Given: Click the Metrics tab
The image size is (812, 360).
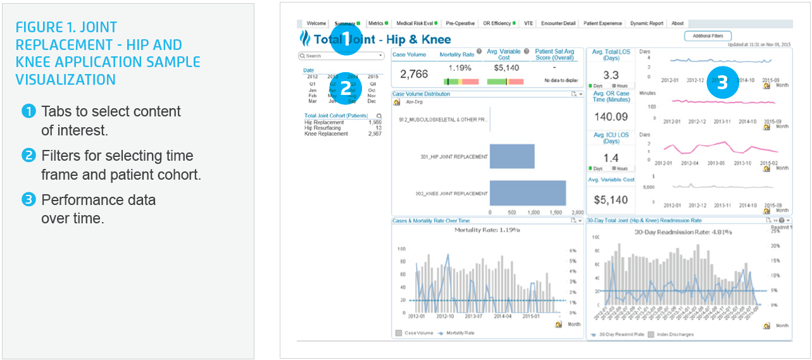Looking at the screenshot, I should pos(376,23).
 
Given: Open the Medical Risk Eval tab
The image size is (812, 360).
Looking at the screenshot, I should pos(415,23).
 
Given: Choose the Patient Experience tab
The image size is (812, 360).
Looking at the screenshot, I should pos(602,23).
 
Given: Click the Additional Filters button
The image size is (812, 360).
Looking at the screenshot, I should pos(708,36).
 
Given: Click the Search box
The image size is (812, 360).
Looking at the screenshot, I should pos(340,56).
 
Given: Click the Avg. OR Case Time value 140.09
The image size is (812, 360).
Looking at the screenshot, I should pos(611,116).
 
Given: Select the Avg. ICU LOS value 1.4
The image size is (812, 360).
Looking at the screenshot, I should pos(611,158).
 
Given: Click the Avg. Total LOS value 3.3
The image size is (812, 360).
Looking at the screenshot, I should pos(611,75).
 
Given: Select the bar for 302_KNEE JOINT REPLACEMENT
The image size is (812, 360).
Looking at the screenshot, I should pos(528,193).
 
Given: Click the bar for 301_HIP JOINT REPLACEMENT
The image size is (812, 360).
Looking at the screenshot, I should pos(512,156).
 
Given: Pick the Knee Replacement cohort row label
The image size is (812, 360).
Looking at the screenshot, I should pos(326,134).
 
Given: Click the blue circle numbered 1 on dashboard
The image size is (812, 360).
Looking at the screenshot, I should pos(345,37).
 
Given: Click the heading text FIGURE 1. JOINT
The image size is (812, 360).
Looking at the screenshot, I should pos(66,28).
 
